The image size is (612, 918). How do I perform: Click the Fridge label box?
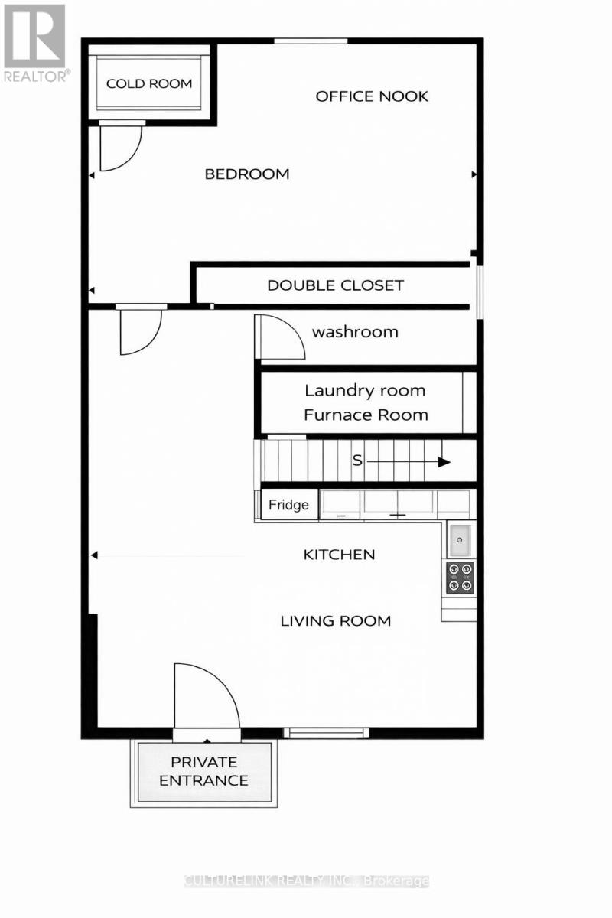[x=289, y=505]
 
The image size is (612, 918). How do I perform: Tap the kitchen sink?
[x=461, y=540]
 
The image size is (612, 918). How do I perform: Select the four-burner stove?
[x=461, y=578]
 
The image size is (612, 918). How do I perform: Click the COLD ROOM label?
[x=149, y=83]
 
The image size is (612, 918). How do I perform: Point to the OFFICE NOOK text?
[x=372, y=96]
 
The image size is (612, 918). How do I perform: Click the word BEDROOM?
[x=247, y=174]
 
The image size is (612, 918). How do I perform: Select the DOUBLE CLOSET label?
[x=335, y=285]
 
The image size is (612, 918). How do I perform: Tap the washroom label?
[x=355, y=332]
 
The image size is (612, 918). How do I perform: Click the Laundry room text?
[x=365, y=390]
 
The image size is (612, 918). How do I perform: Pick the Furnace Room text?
[x=366, y=415]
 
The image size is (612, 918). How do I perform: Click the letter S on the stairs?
[x=357, y=461]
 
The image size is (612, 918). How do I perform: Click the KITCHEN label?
[x=340, y=554]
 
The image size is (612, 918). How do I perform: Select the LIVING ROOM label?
[x=336, y=620]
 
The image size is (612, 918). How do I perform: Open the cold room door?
[x=119, y=147]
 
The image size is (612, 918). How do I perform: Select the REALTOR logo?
[x=35, y=42]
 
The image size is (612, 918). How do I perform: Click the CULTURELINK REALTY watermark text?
[x=306, y=881]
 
